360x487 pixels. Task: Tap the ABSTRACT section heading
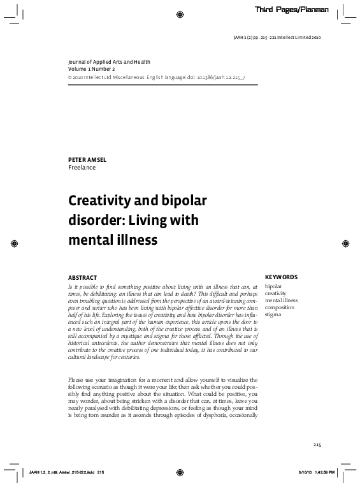(82, 277)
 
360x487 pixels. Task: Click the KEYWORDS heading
(281, 277)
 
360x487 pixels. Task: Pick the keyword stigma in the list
(273, 314)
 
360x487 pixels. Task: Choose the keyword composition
(280, 307)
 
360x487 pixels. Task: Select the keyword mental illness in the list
(282, 300)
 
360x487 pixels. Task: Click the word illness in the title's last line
(136, 240)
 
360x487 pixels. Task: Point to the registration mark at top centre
(180, 14)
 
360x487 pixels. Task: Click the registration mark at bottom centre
(180, 472)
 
